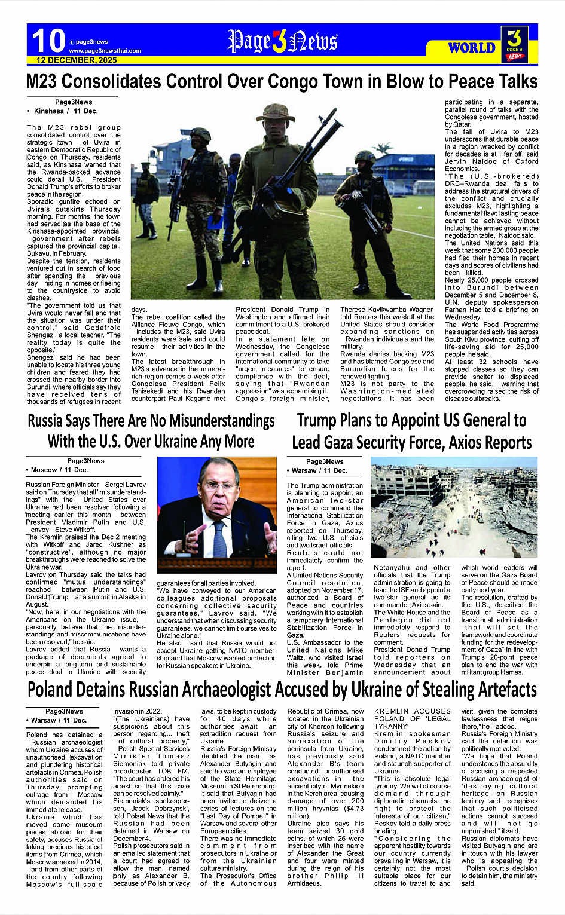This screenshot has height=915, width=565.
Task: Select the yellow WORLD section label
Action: [x=472, y=48]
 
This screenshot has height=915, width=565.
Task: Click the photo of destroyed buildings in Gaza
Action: [x=454, y=509]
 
